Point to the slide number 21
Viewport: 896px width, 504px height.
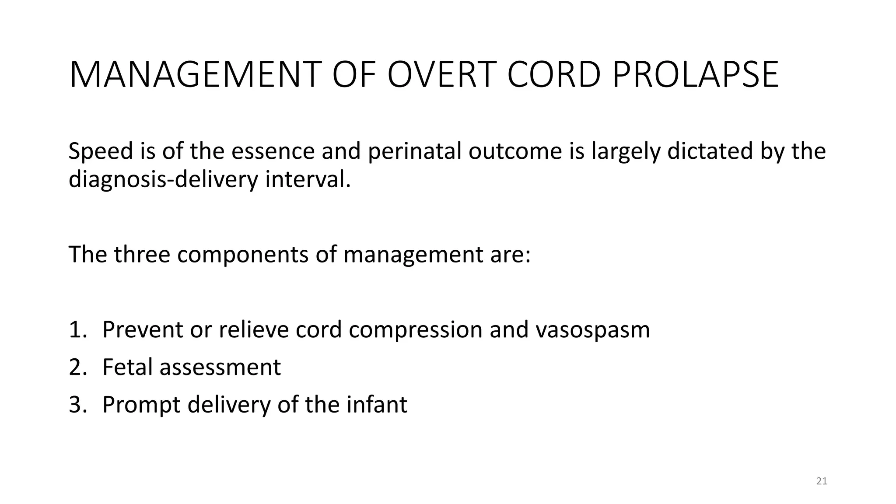[822, 481]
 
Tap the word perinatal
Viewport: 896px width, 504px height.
[414, 152]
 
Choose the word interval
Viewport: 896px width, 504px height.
[308, 179]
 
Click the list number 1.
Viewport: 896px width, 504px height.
[77, 329]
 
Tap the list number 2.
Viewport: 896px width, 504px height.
[77, 367]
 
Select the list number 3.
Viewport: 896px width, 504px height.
[77, 405]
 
